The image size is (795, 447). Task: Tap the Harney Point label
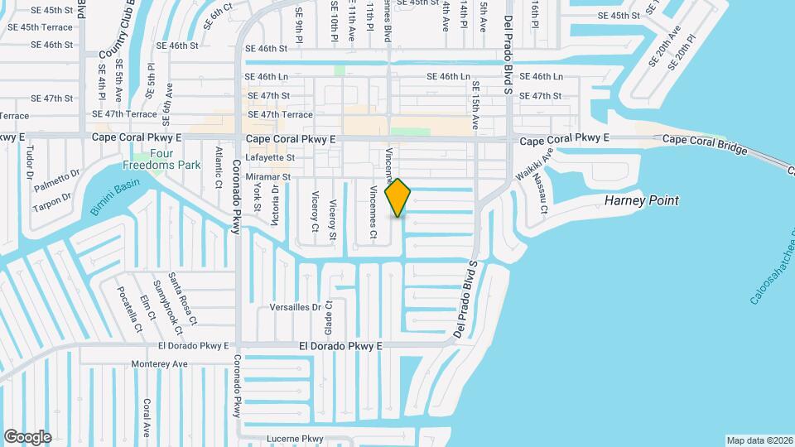tap(642, 200)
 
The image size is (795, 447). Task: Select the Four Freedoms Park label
tap(162, 159)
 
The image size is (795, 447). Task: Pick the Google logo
tap(27, 436)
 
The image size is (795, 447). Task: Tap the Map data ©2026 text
tap(759, 440)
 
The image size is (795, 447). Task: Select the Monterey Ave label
tap(160, 363)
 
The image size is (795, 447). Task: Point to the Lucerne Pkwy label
tap(294, 439)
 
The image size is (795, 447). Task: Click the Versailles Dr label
tap(296, 306)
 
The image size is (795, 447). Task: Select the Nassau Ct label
tap(540, 193)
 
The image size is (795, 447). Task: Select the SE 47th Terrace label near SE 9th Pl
tap(280, 114)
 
